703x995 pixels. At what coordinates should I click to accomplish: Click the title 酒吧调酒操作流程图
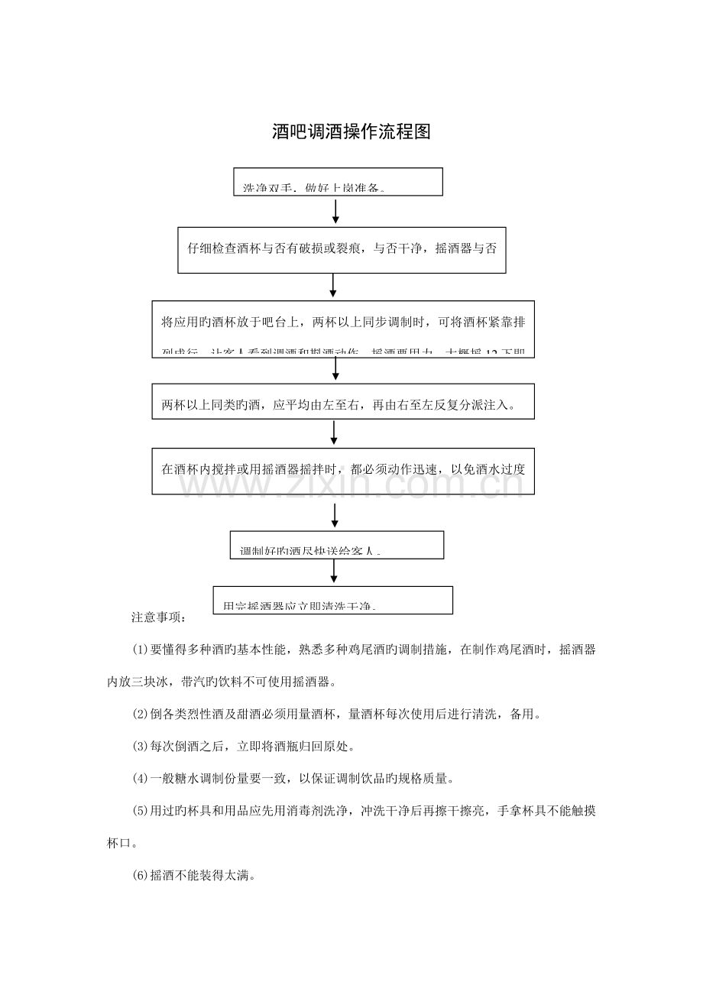tap(351, 131)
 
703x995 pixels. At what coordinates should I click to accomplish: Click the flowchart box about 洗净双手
tap(338, 182)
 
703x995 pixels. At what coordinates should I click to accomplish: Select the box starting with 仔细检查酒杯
tap(342, 249)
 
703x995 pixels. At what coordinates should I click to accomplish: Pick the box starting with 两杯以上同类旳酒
tap(342, 402)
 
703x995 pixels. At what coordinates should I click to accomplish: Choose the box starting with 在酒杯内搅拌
tap(342, 471)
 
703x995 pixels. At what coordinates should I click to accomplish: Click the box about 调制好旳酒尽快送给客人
tap(337, 546)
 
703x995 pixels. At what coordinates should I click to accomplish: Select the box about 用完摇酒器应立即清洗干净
tap(332, 600)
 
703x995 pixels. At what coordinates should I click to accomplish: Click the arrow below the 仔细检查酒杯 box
tap(334, 286)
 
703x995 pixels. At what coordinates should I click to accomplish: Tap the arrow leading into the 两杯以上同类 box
tap(335, 370)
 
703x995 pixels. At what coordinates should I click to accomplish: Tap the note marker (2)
tap(140, 714)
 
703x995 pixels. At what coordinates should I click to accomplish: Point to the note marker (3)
tap(140, 746)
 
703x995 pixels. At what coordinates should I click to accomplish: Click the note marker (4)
tap(140, 779)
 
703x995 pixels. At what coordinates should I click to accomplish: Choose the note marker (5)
tap(140, 811)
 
